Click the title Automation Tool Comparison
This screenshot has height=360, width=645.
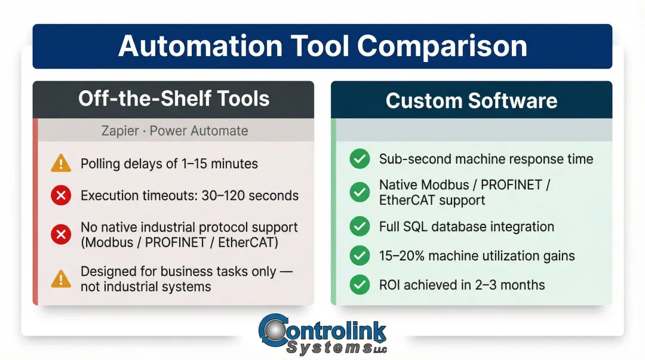(322, 47)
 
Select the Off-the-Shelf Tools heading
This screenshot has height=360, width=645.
(173, 99)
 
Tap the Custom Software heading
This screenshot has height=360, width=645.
(471, 100)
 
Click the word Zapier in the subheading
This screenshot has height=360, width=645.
(120, 131)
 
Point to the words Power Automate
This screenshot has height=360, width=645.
(198, 131)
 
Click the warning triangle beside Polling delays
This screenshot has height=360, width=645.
(61, 164)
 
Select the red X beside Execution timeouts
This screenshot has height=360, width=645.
(61, 196)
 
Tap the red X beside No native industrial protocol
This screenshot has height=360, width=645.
(61, 235)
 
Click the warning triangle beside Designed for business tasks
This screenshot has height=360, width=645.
(61, 279)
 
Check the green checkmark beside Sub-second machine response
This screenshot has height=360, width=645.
(360, 159)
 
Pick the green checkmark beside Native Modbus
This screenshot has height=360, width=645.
(360, 192)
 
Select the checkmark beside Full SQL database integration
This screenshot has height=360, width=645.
(360, 227)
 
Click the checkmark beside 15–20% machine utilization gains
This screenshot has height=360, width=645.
(360, 256)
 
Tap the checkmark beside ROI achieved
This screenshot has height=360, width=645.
(360, 285)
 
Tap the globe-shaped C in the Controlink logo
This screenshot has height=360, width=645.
(274, 331)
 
